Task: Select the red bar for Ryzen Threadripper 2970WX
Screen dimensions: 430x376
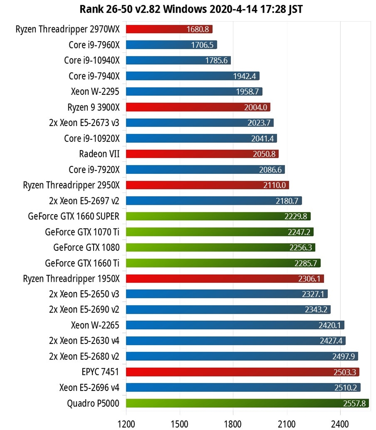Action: [169, 29]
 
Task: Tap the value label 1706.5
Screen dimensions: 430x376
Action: [202, 45]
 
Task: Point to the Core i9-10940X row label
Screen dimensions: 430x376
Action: [92, 60]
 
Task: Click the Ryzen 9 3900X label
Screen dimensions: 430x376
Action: [94, 107]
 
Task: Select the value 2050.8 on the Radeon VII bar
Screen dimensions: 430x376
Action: [264, 154]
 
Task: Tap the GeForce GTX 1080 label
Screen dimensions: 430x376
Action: [86, 247]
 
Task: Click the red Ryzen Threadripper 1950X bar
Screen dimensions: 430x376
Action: [225, 278]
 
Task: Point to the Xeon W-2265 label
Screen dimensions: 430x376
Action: [95, 325]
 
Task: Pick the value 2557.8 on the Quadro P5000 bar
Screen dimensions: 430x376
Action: [355, 404]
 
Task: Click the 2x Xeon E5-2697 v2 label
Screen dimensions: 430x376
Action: [84, 201]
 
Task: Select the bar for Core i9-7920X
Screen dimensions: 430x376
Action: [205, 170]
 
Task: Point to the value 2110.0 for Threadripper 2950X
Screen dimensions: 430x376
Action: [275, 185]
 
